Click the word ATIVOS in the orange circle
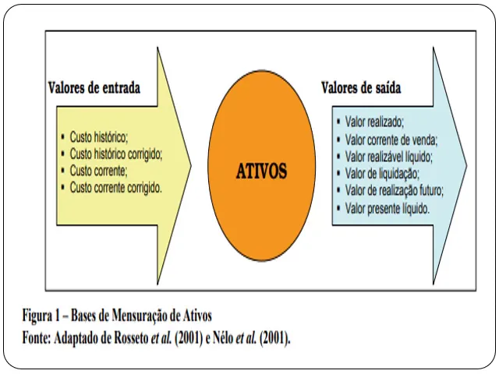(x=261, y=171)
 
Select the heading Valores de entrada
(x=94, y=88)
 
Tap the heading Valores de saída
(x=361, y=88)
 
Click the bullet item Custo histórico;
(x=99, y=136)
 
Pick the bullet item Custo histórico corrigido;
(x=116, y=153)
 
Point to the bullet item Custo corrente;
(x=99, y=171)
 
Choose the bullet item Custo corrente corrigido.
(x=116, y=188)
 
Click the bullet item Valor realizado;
(x=374, y=122)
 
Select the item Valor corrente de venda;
(x=391, y=139)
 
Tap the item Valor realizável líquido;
(x=389, y=157)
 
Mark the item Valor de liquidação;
(x=382, y=174)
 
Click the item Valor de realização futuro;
(x=395, y=191)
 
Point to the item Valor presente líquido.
(x=388, y=208)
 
